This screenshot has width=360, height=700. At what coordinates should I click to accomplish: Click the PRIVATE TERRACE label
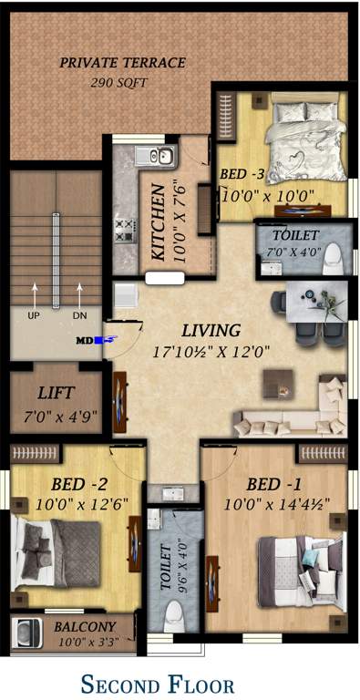click(x=122, y=63)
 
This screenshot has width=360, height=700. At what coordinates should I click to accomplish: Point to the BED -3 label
click(x=242, y=174)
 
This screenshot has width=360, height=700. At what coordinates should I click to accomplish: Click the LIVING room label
click(x=211, y=330)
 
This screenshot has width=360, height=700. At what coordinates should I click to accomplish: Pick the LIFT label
click(x=56, y=394)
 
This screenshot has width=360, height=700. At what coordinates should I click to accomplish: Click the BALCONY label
click(x=85, y=626)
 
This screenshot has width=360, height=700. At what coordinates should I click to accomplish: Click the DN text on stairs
click(x=79, y=314)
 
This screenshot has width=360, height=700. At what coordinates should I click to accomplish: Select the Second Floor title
click(x=158, y=684)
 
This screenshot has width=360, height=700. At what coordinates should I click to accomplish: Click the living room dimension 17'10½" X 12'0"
click(x=211, y=349)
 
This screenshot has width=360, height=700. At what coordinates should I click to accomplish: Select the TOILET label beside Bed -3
click(x=288, y=234)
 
